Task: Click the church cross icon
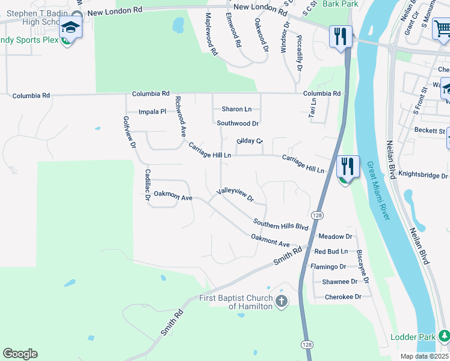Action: pos(282,301)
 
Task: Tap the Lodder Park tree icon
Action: pos(444,335)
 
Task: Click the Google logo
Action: pos(20,354)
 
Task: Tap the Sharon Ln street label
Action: pos(236,109)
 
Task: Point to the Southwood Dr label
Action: pos(238,123)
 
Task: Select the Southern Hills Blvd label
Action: pos(280,224)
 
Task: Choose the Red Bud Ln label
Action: pos(331,251)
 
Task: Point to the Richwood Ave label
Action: pos(179,116)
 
